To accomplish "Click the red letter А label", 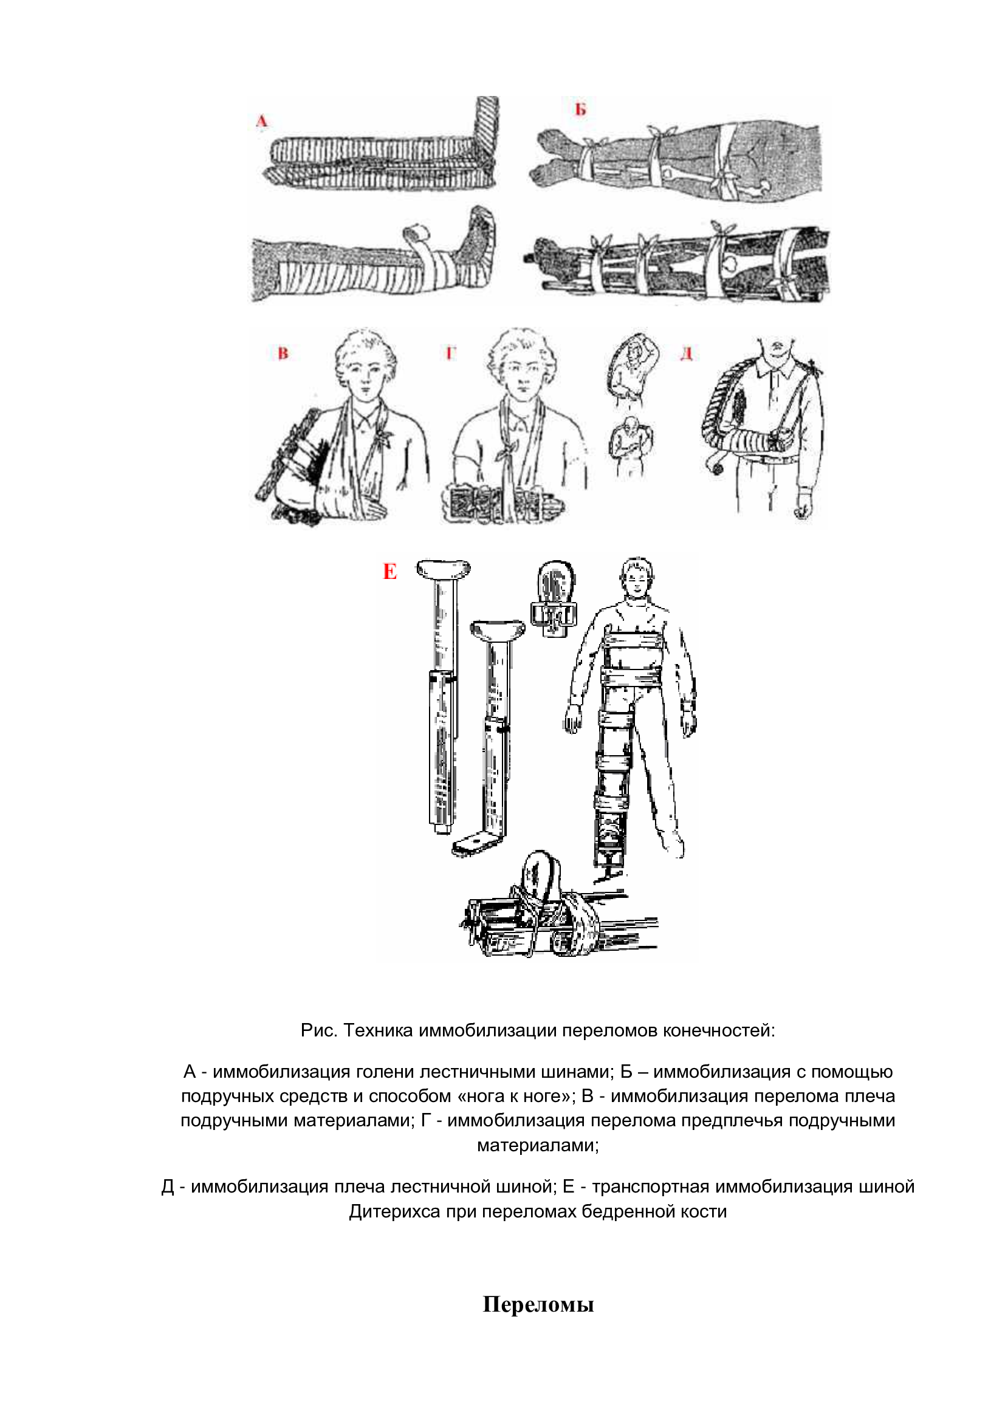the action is point(262,122).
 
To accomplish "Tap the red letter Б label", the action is point(580,109).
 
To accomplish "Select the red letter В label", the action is point(283,354).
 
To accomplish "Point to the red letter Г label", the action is point(450,354).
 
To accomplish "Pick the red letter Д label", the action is point(686,354).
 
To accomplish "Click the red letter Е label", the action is point(390,571).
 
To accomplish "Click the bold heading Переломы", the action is point(538,1304).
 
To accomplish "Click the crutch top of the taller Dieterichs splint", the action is point(443,568).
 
